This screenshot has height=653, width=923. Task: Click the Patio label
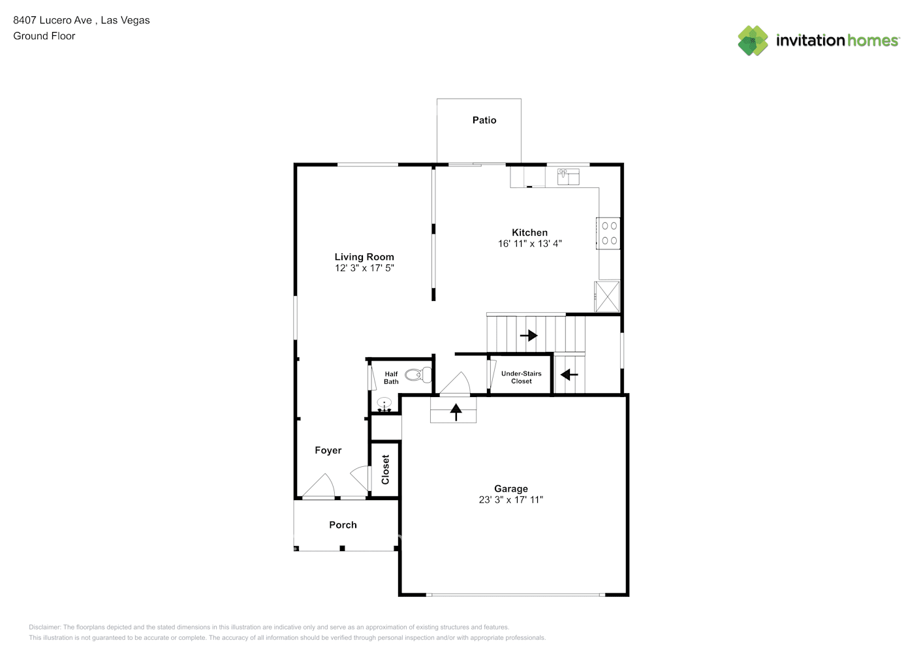click(484, 120)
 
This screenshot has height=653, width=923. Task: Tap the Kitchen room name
click(529, 232)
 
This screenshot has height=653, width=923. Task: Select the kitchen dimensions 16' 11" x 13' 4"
click(529, 244)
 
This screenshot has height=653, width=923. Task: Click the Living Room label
click(364, 257)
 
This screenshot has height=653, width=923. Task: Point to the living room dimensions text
click(364, 268)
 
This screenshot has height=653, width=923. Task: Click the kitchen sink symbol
click(568, 176)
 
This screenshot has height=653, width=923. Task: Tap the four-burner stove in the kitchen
click(608, 233)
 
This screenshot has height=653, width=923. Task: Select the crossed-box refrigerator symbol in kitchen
click(607, 296)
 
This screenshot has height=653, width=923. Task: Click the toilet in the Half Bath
click(418, 375)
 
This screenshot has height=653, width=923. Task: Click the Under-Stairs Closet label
click(522, 377)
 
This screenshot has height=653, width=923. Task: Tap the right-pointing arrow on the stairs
click(529, 335)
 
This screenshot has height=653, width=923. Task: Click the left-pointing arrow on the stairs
click(569, 375)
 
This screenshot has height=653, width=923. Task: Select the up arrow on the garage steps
click(456, 412)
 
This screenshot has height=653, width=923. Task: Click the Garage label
click(511, 488)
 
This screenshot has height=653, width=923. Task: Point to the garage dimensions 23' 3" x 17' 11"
click(511, 500)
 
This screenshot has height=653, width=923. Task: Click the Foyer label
click(328, 450)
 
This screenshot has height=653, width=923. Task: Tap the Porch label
click(343, 525)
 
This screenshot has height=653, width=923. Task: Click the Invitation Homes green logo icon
click(753, 40)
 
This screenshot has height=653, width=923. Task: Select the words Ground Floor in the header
click(44, 36)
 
